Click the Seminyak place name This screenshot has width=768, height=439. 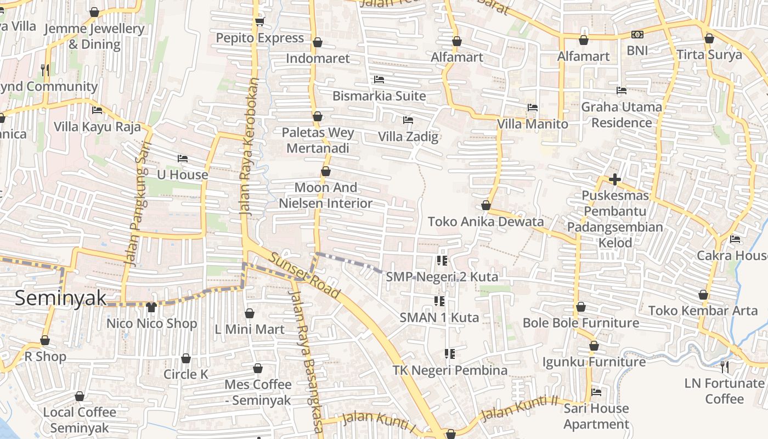click(60, 298)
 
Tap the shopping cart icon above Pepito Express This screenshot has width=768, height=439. click(259, 21)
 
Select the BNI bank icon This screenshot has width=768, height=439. click(637, 35)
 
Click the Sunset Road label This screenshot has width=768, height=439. click(305, 273)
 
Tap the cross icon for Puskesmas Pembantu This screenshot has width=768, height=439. click(614, 179)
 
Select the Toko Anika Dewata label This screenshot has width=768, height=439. click(485, 222)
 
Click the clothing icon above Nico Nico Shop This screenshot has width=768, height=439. click(151, 307)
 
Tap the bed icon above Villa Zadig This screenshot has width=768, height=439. click(408, 120)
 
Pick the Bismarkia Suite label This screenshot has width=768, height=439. click(379, 96)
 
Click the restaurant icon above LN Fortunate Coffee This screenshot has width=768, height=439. click(725, 367)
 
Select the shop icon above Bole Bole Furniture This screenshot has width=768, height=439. click(581, 307)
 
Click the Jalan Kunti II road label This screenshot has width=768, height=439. click(519, 408)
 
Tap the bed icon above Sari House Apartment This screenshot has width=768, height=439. click(596, 392)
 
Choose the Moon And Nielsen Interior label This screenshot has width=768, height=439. click(326, 195)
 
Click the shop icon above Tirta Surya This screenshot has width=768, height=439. click(709, 39)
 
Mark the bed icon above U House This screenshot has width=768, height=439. click(183, 159)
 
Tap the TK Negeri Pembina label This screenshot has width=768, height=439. click(450, 370)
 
